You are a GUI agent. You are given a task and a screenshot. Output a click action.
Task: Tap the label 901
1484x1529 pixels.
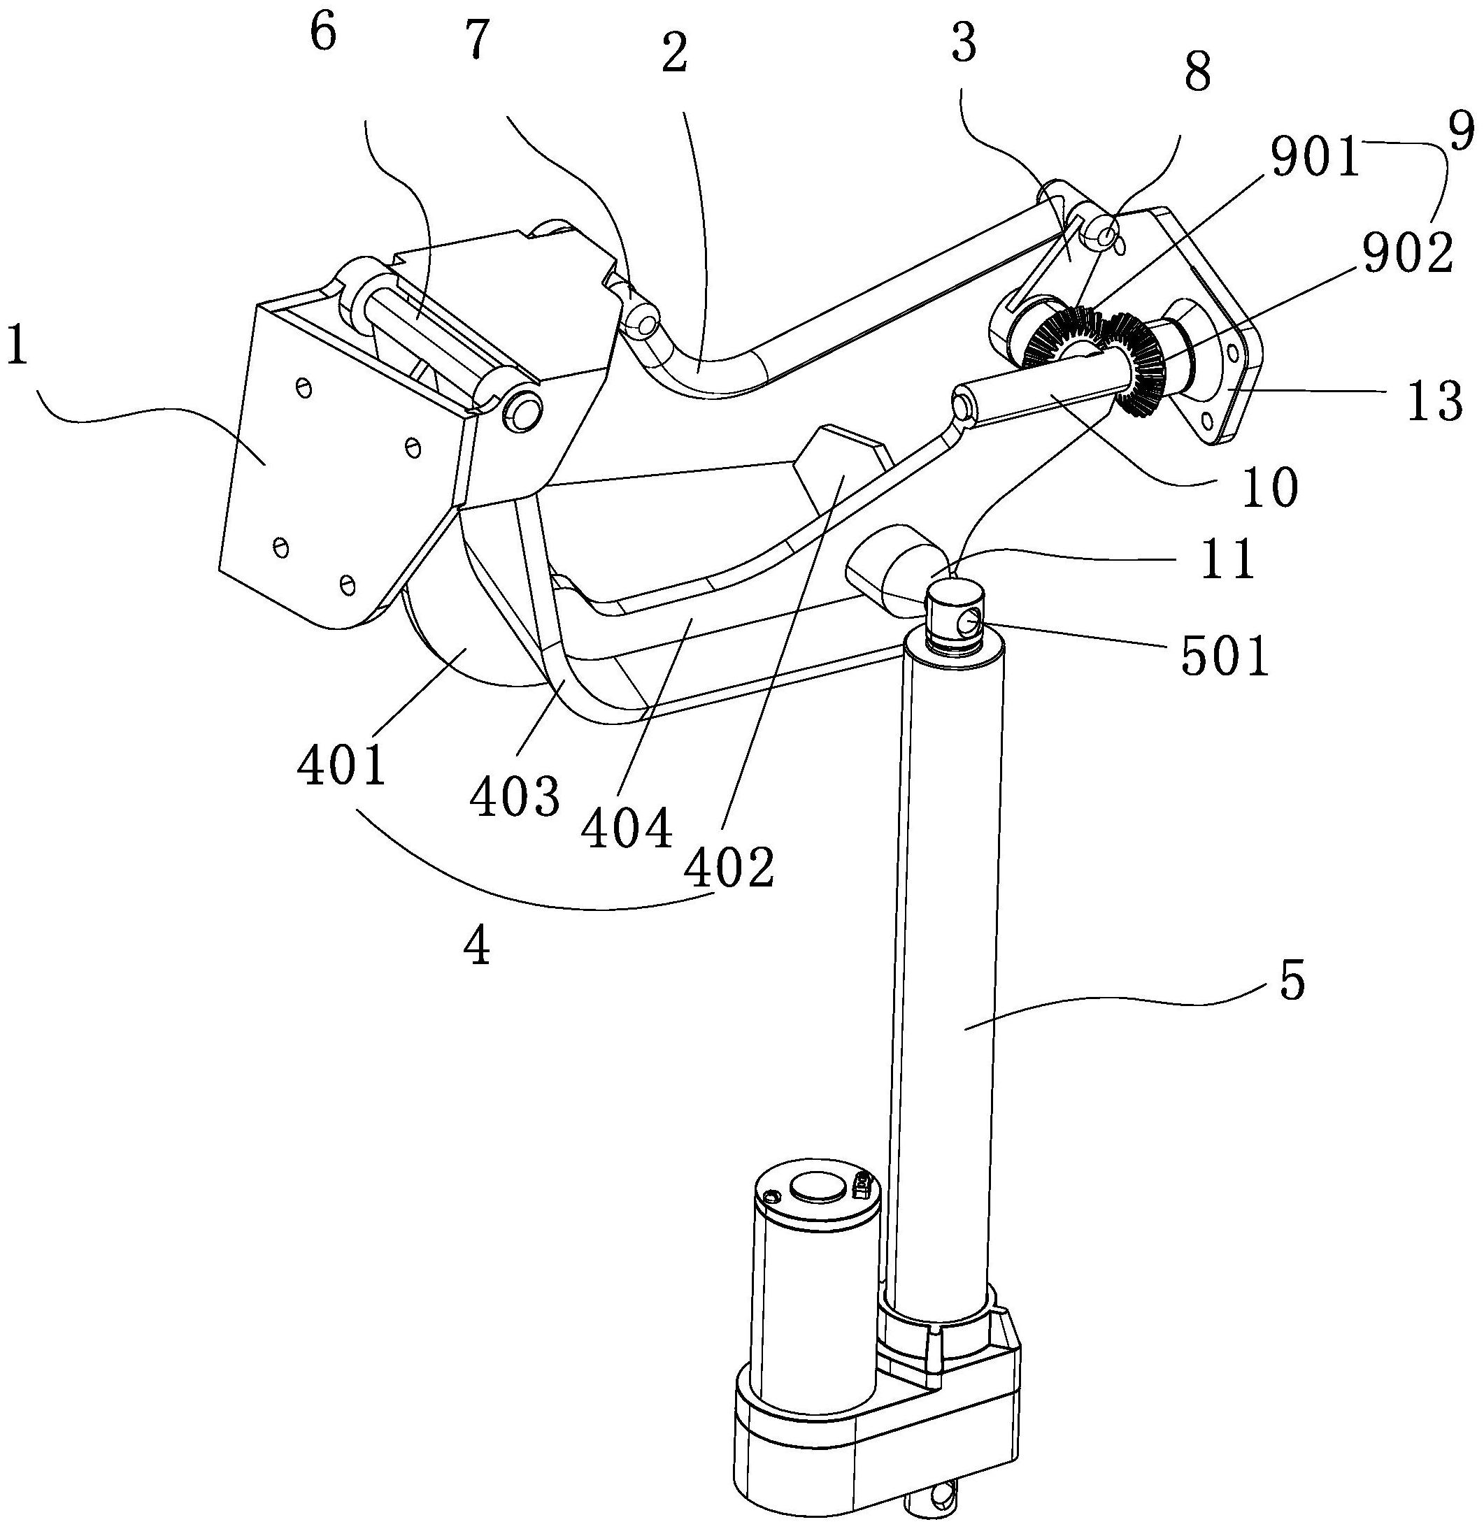point(1314,159)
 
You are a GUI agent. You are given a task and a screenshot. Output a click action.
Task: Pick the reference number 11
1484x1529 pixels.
point(1227,559)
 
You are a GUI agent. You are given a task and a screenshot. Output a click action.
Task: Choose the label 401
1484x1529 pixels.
point(342,766)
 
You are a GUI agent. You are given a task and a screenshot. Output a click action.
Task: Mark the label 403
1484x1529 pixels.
point(515,796)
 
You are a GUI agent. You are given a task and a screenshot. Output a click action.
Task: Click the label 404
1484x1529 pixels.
point(627,828)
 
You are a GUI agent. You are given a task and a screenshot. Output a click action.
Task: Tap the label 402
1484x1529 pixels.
point(729,868)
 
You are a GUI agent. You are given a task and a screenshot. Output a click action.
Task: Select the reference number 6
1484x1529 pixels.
point(322,35)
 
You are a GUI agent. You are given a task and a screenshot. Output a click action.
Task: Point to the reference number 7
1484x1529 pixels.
point(475,41)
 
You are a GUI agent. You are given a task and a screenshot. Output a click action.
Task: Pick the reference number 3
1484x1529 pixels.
point(964,45)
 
